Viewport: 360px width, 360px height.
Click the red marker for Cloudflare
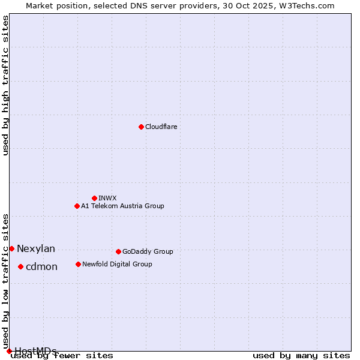pyautogui.click(x=141, y=127)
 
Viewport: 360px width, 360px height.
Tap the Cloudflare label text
pyautogui.click(x=161, y=127)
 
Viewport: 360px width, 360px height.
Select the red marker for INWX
pyautogui.click(x=94, y=198)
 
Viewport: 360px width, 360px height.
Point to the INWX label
pyautogui.click(x=107, y=198)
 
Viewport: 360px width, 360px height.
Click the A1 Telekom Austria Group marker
pyautogui.click(x=77, y=206)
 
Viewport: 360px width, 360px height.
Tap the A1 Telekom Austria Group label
pyautogui.click(x=122, y=206)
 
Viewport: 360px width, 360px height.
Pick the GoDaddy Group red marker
pyautogui.click(x=118, y=251)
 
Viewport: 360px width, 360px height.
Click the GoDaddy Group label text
pyautogui.click(x=148, y=251)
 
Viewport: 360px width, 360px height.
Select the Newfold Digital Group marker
pyautogui.click(x=78, y=264)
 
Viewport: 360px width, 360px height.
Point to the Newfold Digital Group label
pyautogui.click(x=117, y=264)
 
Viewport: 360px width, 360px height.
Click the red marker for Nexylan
pyautogui.click(x=11, y=248)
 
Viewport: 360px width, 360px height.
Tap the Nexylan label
pyautogui.click(x=36, y=248)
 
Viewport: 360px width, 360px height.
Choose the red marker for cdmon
pyautogui.click(x=20, y=266)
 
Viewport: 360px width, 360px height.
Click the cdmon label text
pyautogui.click(x=41, y=266)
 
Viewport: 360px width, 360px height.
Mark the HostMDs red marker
pyautogui.click(x=9, y=351)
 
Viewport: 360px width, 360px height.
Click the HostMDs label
pyautogui.click(x=35, y=351)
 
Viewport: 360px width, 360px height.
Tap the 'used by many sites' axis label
pyautogui.click(x=301, y=355)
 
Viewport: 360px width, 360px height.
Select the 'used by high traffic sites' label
pyautogui.click(x=5, y=85)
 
